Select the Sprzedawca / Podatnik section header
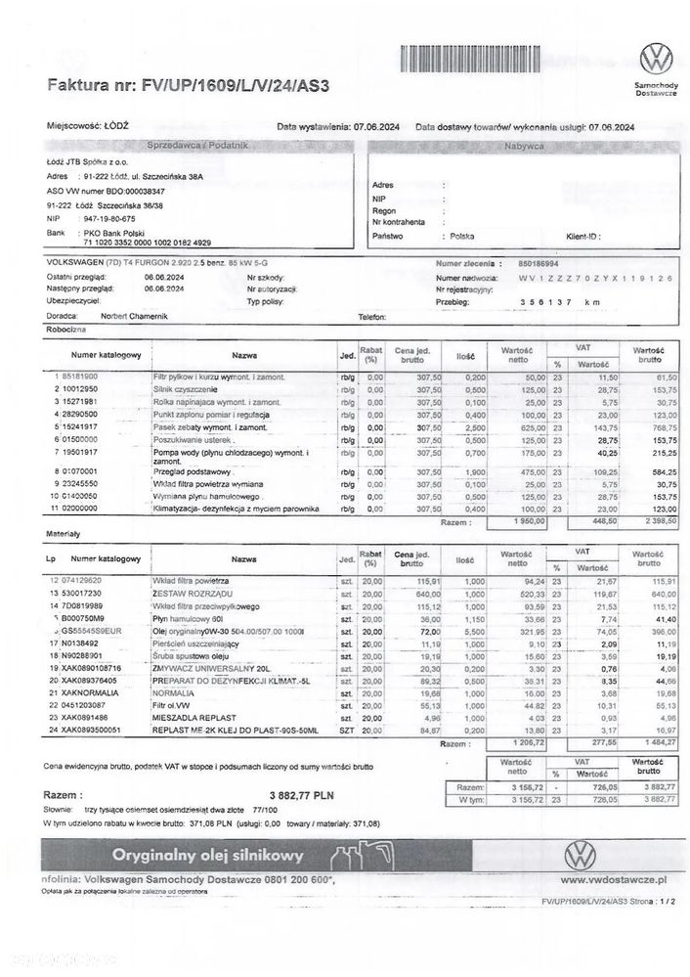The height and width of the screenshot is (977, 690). tap(197, 144)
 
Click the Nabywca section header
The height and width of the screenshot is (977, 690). tap(523, 144)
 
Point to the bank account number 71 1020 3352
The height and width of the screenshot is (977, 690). tap(142, 241)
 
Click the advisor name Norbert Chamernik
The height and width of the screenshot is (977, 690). tap(134, 317)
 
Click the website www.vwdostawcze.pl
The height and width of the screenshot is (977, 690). tap(615, 879)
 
